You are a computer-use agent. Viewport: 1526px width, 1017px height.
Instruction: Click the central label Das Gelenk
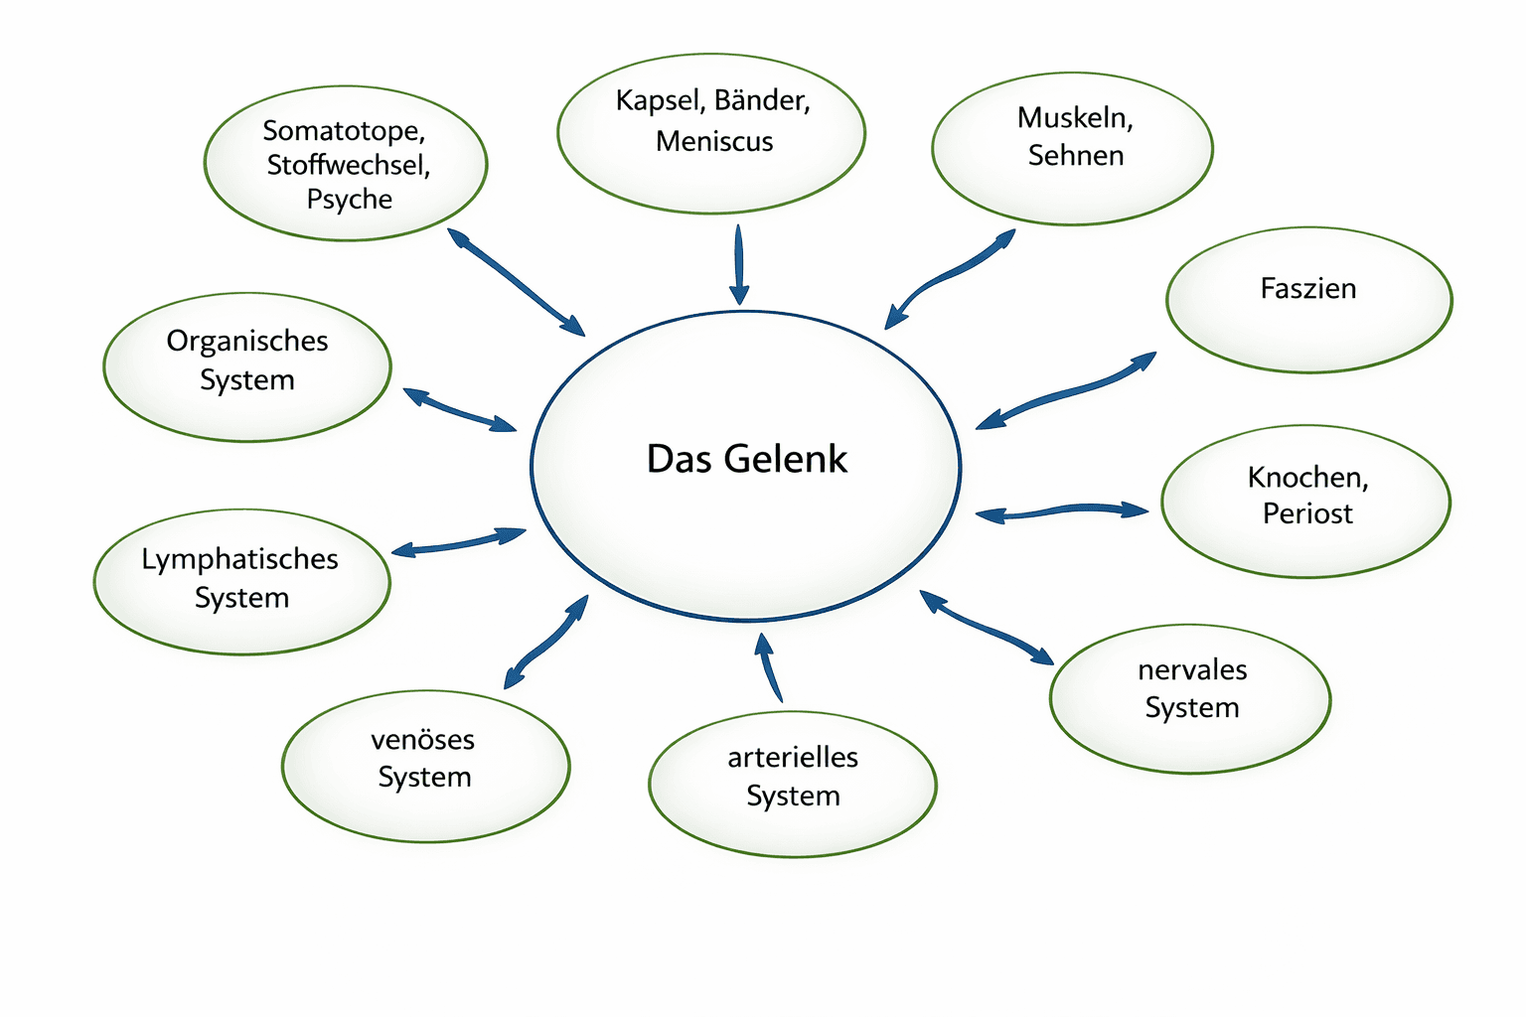click(746, 459)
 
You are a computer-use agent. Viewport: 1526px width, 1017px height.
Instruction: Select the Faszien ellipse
click(1308, 300)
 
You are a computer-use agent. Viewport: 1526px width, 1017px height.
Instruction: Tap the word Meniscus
click(714, 142)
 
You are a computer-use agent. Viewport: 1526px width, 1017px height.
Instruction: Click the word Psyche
click(349, 200)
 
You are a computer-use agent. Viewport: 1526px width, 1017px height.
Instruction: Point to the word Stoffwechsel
click(348, 165)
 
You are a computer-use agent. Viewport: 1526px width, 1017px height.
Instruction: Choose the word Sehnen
click(1075, 156)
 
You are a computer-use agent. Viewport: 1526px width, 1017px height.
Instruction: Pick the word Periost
click(1307, 513)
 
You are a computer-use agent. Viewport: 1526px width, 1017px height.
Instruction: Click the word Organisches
click(247, 341)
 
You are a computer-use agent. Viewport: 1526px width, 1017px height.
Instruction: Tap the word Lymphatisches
click(239, 559)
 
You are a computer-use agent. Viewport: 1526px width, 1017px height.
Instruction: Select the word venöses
click(422, 740)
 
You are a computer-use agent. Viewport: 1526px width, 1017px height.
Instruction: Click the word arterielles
click(793, 758)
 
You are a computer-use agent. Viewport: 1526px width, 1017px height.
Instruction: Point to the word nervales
click(1192, 670)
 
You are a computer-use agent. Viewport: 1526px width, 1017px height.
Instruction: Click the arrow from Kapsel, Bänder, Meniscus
click(738, 264)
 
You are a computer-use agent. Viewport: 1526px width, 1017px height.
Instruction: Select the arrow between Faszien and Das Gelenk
click(1066, 390)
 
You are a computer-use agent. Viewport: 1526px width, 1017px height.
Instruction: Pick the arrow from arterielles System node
click(769, 667)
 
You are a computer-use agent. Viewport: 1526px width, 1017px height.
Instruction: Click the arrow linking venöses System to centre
click(545, 644)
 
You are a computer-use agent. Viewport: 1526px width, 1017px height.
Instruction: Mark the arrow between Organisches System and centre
click(459, 410)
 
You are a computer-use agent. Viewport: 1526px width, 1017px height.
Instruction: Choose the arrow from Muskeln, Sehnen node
click(949, 277)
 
